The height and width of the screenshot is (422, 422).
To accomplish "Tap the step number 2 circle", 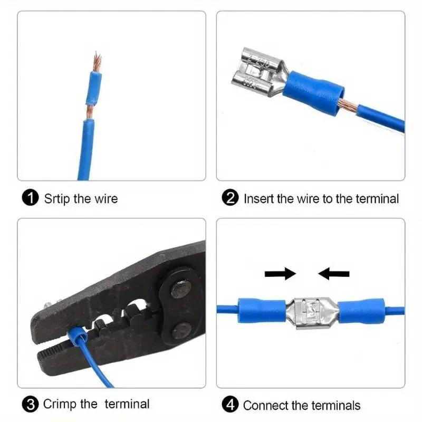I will pos(231,198).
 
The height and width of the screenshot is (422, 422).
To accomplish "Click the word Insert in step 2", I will pos(258,199).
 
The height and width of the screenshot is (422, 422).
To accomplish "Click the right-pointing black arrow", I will pos(280,273).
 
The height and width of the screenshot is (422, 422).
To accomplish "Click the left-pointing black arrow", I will pos(334,273).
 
